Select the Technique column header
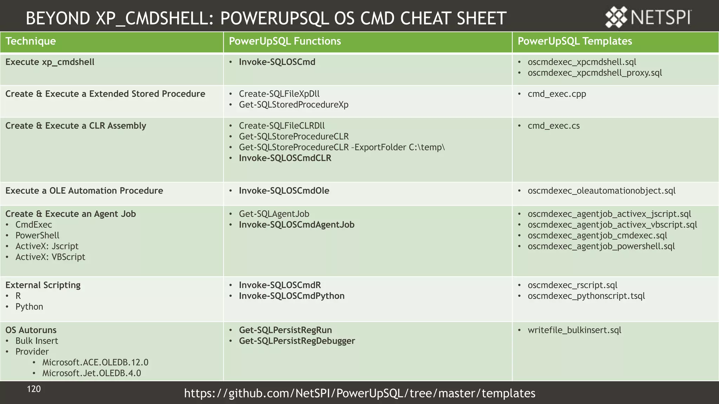(31, 41)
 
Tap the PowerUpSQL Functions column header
(285, 41)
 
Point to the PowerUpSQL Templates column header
(575, 41)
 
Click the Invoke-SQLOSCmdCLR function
(285, 158)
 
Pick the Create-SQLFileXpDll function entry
(279, 94)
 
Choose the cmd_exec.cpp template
(557, 94)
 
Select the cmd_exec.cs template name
(554, 126)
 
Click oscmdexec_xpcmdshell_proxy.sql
(595, 73)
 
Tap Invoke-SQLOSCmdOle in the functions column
(284, 191)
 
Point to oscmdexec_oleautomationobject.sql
(601, 191)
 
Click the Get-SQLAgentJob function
(274, 214)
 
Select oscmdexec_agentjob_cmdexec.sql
(597, 236)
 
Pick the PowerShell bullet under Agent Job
(37, 236)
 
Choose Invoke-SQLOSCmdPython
(292, 296)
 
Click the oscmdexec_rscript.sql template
(572, 285)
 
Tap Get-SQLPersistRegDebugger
(297, 341)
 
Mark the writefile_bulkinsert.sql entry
(574, 330)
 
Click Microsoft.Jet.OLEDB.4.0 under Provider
(92, 373)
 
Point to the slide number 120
(34, 389)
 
